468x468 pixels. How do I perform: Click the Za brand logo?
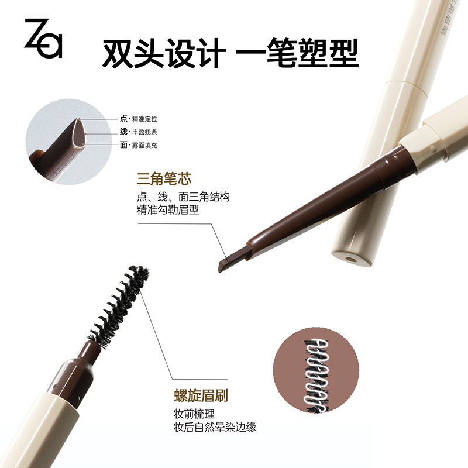point(43,38)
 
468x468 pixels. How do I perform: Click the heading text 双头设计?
point(164,53)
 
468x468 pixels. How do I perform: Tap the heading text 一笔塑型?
point(297,53)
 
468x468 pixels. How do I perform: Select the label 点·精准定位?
point(139,119)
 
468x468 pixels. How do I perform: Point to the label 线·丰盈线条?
point(139,132)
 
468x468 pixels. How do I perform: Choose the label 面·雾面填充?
point(139,145)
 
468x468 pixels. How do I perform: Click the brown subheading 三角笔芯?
point(164,179)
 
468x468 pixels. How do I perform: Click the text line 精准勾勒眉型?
point(168,210)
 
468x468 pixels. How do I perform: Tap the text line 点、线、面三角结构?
point(183,197)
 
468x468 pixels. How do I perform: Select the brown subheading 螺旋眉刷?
point(201,396)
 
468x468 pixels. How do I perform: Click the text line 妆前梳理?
point(194,414)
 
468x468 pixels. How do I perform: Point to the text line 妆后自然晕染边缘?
point(215,427)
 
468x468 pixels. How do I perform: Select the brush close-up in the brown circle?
point(316,370)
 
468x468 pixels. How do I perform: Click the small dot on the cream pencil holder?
point(433,149)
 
